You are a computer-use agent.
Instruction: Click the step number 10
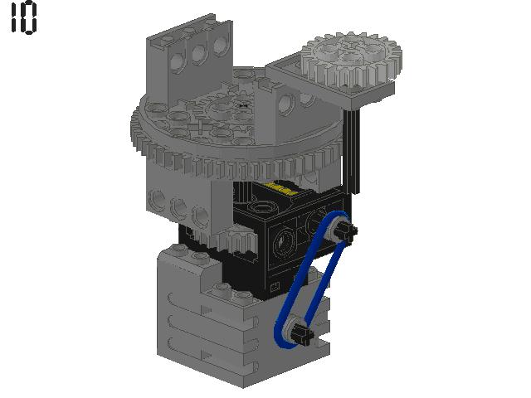(x=23, y=18)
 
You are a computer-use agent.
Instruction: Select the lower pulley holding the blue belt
(x=295, y=332)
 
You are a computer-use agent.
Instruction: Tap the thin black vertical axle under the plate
(x=355, y=141)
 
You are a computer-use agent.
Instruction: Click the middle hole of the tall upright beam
(x=199, y=56)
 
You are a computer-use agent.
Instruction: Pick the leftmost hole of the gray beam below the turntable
(x=155, y=199)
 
